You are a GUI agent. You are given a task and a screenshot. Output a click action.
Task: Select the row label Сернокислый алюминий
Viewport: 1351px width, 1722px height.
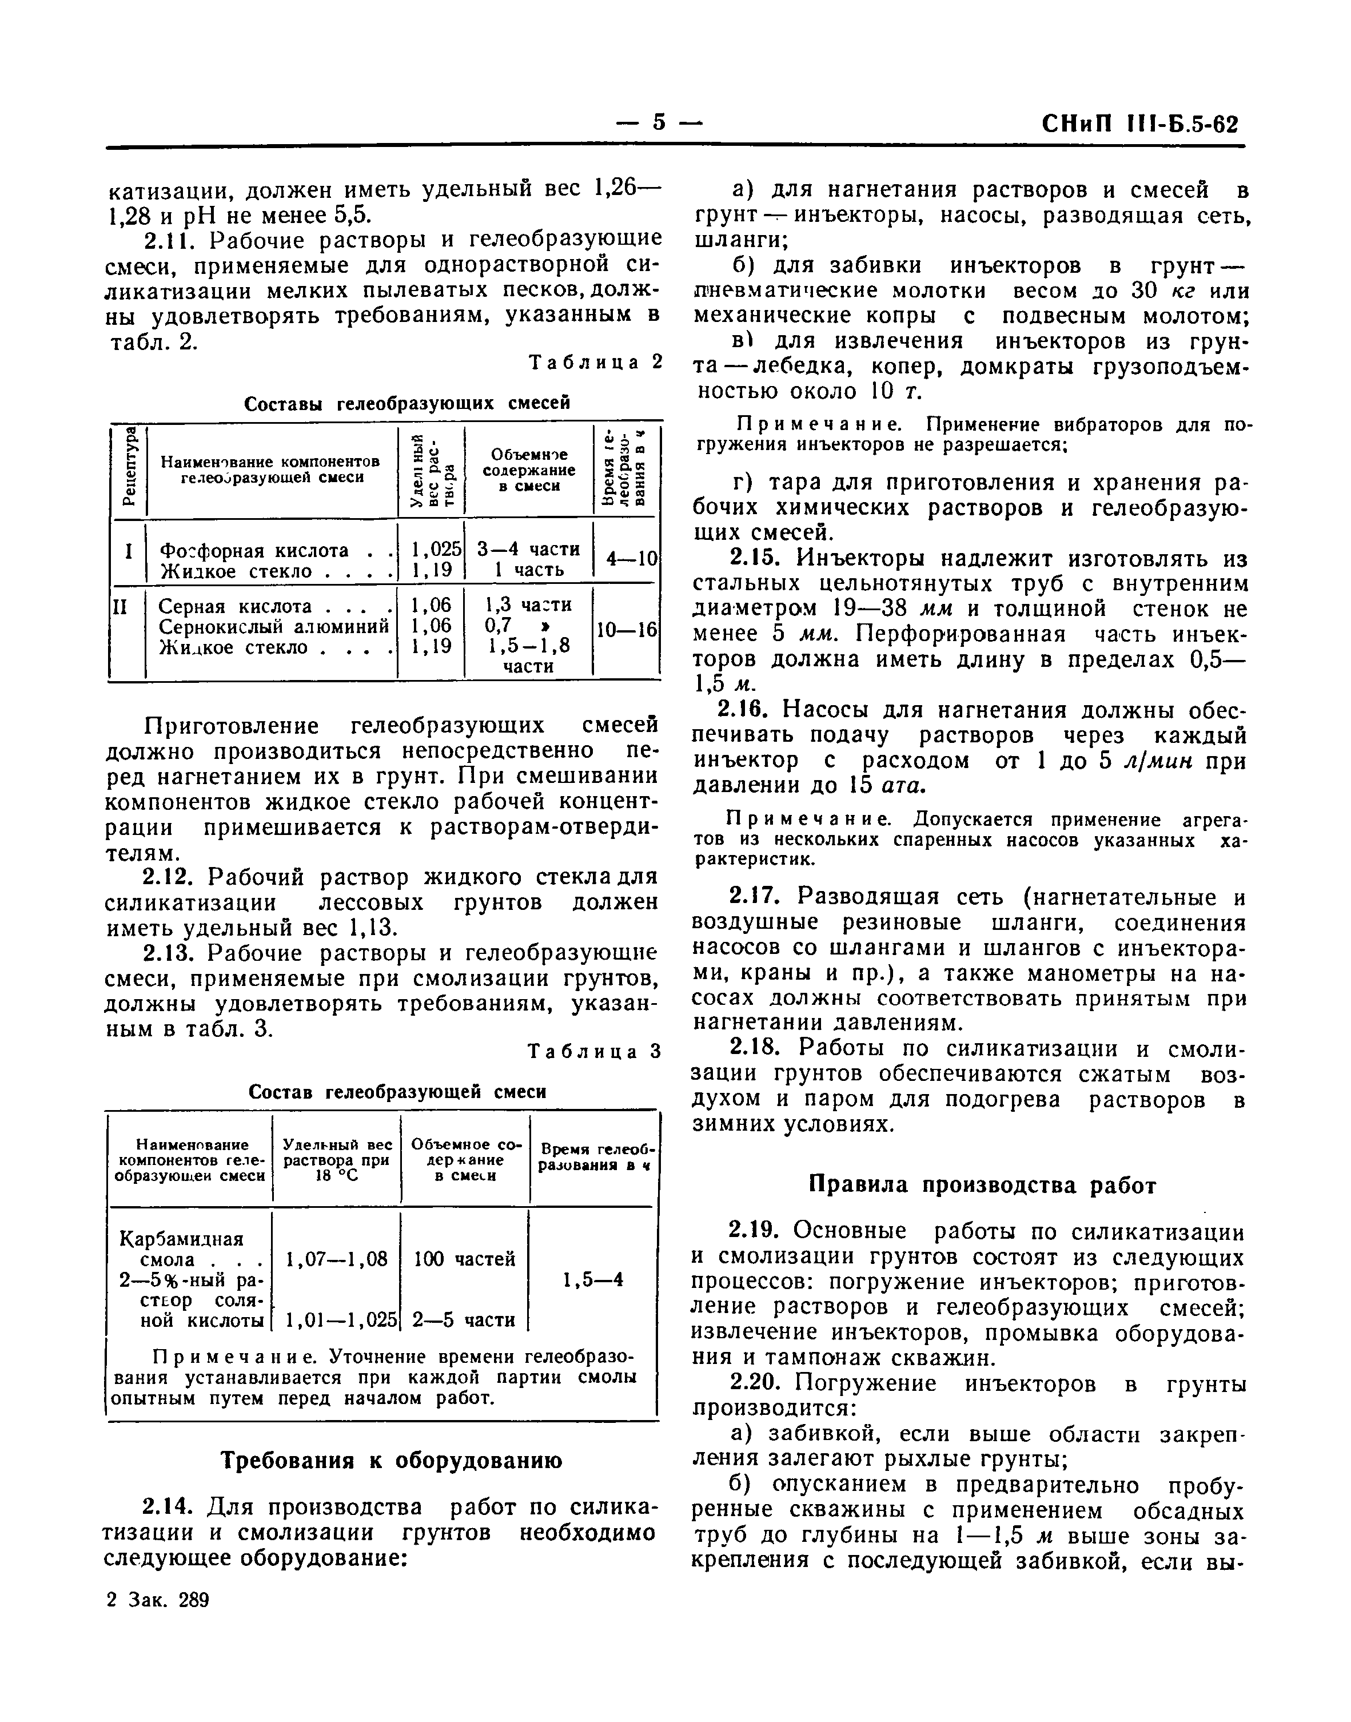tap(274, 626)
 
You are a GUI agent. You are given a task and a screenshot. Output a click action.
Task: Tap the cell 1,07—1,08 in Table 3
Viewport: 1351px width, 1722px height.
tap(337, 1259)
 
